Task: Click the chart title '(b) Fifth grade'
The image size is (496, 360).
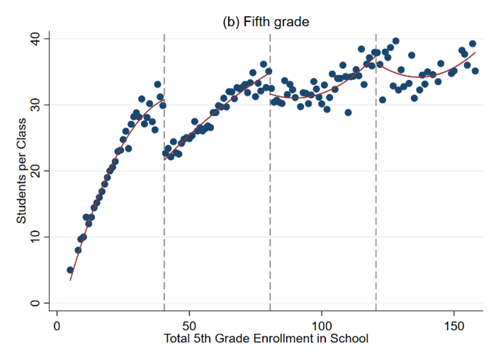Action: (x=266, y=22)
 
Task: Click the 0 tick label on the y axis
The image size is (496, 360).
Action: (x=35, y=303)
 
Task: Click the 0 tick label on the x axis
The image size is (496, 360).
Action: (x=57, y=323)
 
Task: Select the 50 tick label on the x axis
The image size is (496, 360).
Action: (x=189, y=323)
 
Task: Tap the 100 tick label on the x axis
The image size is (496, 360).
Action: (x=322, y=323)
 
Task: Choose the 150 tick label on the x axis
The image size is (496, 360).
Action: (x=454, y=323)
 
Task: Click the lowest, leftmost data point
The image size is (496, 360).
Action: (x=70, y=270)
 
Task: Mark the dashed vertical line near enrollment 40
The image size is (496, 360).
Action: (x=164, y=213)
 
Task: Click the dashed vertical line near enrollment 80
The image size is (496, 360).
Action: (x=270, y=213)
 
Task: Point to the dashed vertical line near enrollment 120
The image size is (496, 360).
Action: (x=376, y=213)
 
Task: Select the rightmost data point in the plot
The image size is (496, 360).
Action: (x=475, y=71)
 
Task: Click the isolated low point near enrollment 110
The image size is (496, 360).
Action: (x=348, y=112)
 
